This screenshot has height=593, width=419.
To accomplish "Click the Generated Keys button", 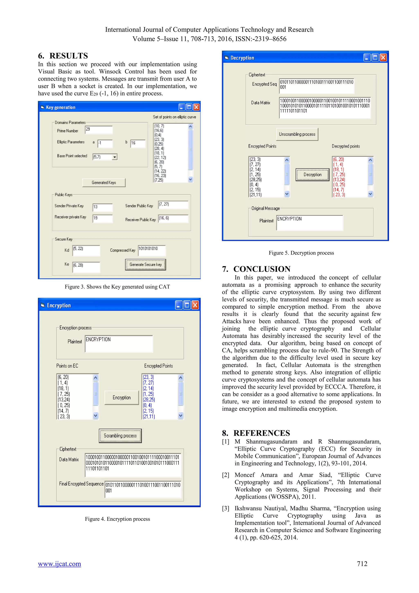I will pos(104,183).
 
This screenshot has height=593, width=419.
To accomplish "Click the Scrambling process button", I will pos(120,436).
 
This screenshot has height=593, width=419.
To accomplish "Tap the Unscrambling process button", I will pos(297,134).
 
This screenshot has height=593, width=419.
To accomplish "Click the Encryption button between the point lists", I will pos(122,397).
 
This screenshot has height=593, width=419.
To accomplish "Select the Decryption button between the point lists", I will pos(312,175).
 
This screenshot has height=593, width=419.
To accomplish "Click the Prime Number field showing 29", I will pos(99,130).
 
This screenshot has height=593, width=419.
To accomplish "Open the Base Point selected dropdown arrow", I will pos(115,157).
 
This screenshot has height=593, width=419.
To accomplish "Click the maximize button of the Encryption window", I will pos(187,305).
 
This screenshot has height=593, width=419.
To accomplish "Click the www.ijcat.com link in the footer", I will pos(59,564).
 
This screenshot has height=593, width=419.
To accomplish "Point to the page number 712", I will pos(362,564).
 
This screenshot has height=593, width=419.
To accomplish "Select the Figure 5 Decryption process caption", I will pos(301,253).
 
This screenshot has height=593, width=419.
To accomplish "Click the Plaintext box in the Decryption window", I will pos(309,222).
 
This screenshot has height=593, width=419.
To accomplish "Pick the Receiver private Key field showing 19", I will pos(103,218).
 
